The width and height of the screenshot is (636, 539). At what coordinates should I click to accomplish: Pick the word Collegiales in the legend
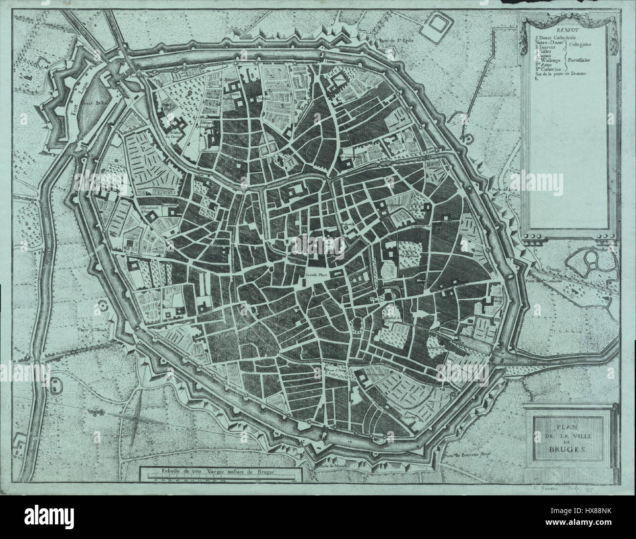tap(580, 44)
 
